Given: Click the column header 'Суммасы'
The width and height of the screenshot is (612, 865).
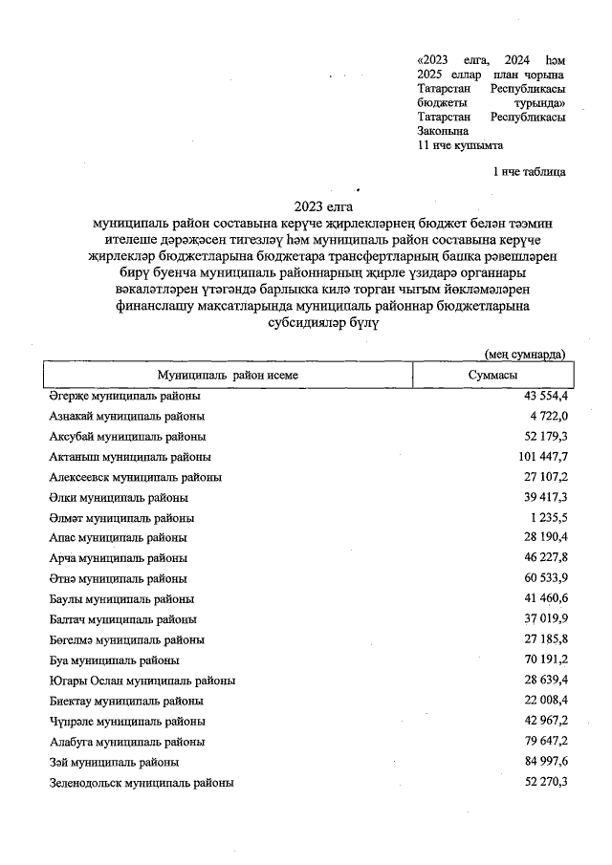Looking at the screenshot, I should pos(492,375).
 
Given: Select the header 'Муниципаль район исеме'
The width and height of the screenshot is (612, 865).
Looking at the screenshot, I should pos(229,375).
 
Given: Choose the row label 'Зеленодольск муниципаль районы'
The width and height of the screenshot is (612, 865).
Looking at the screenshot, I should pos(141,783).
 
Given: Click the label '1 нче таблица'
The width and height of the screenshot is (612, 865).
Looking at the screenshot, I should pos(528,172).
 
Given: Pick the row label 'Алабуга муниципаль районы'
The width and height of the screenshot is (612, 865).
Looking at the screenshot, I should pos(126,742).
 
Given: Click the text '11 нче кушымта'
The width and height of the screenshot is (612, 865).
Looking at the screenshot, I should pos(461,145).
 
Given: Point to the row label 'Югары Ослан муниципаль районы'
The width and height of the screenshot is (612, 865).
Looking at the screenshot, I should pos(142,681).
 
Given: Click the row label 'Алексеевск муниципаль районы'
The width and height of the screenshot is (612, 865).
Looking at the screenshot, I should pos(135,477).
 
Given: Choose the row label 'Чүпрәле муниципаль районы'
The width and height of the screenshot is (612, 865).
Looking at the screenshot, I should pos(126,722).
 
